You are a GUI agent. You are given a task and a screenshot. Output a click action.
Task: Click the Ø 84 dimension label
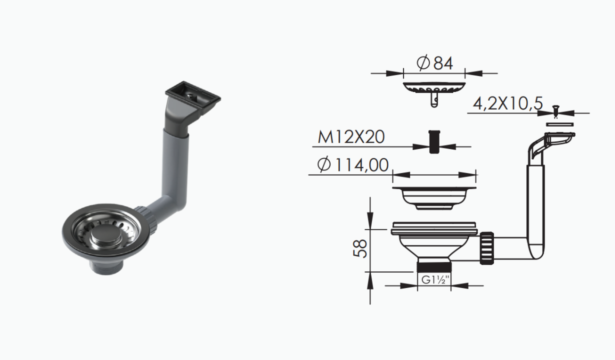(434, 63)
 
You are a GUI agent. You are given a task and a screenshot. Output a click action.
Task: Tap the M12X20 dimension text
(351, 137)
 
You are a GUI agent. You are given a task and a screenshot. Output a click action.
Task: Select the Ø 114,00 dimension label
(353, 165)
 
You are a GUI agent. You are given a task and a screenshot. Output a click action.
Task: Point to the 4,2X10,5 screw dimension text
(507, 104)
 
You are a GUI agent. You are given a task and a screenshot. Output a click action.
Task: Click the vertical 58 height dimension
(360, 248)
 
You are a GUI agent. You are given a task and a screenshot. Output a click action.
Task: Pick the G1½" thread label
(434, 280)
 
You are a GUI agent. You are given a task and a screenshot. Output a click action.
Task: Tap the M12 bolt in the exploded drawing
(434, 142)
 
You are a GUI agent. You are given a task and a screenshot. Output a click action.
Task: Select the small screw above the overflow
(556, 111)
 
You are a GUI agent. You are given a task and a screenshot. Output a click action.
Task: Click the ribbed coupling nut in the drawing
(487, 248)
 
